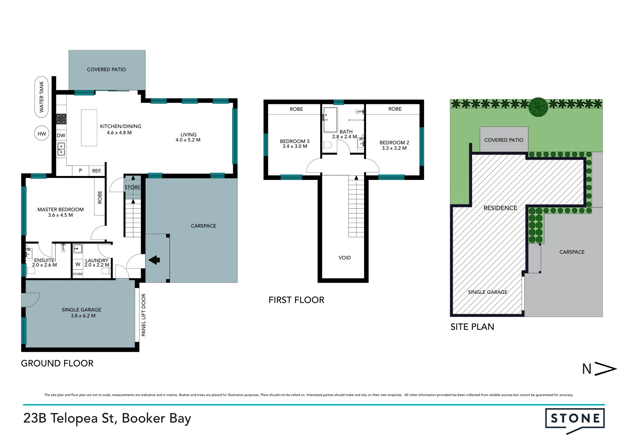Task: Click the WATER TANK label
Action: [42, 97]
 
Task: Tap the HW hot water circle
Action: [42, 133]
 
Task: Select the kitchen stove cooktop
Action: [61, 119]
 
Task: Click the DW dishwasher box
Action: [61, 135]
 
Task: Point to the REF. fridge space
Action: [97, 171]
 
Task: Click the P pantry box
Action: [80, 170]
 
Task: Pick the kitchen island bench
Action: [89, 128]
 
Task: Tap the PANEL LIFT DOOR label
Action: [143, 315]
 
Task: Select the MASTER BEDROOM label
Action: [61, 209]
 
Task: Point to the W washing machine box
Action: [78, 264]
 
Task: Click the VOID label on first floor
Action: [344, 258]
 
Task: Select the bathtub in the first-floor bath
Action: [330, 120]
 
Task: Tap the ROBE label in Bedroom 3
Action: [296, 109]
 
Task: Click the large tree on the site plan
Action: [538, 107]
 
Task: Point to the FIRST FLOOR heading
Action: [296, 300]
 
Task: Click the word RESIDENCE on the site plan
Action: [500, 208]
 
